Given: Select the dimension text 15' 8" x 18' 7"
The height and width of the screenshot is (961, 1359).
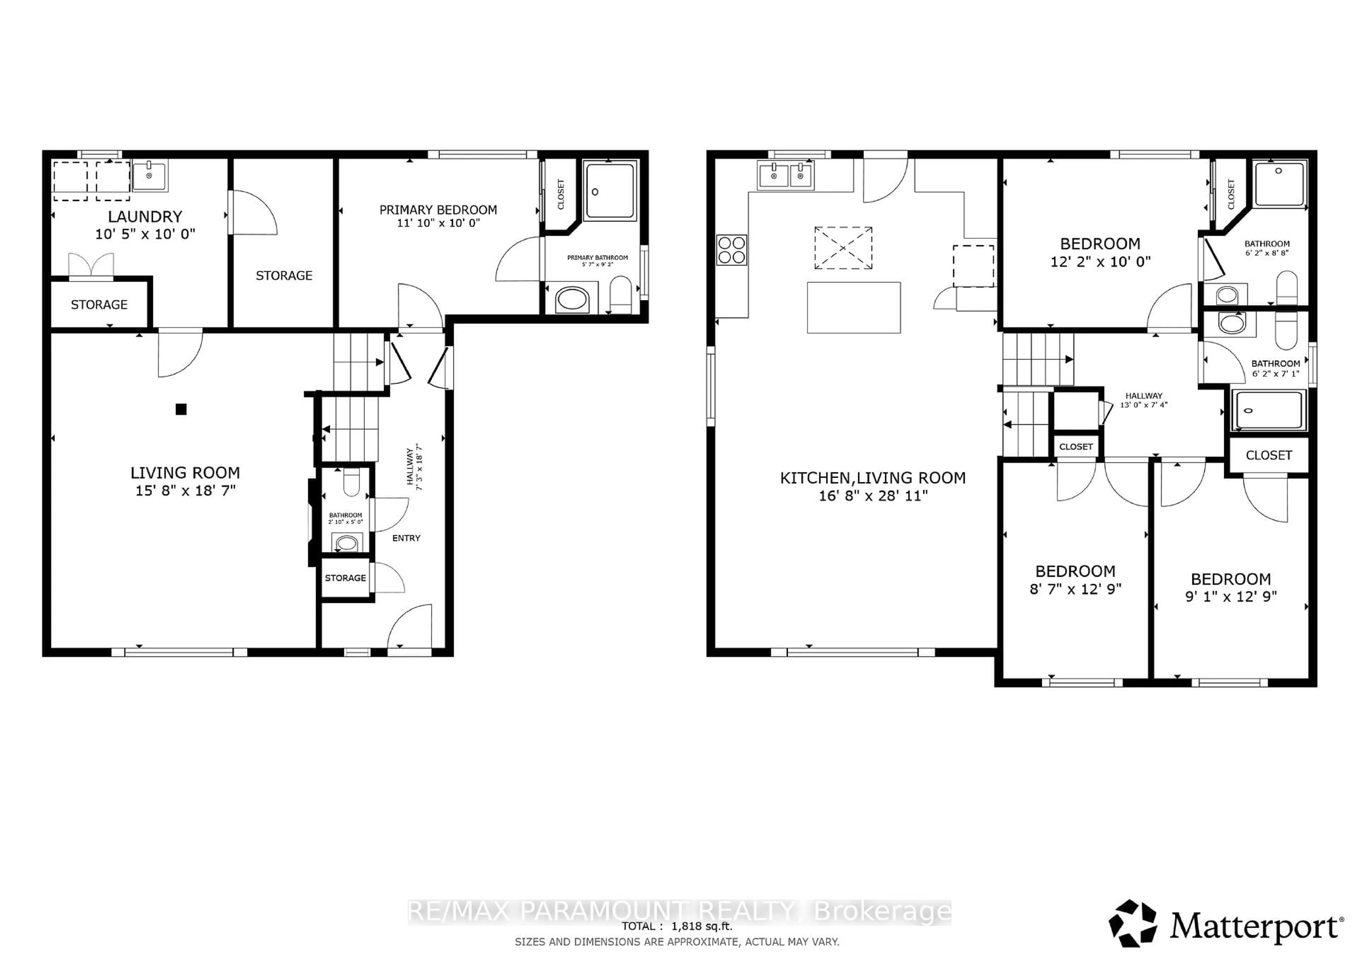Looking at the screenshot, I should pos(185,490).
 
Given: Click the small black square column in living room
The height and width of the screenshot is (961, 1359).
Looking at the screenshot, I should pos(181,409).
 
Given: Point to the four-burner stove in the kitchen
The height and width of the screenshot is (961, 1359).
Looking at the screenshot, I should pos(732,250).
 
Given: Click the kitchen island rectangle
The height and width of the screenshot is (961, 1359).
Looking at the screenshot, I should pos(854,307).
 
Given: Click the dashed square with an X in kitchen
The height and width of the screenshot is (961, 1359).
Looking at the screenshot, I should pos(843,248).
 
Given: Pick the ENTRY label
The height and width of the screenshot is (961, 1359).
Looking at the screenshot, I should pos(406,538).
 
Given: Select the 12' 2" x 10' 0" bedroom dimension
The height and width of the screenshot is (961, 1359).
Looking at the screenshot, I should pos(1100,261).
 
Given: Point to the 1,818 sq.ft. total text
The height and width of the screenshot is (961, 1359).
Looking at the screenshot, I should pos(701,926).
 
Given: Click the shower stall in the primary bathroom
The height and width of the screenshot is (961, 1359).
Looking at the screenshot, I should pos(610,191).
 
